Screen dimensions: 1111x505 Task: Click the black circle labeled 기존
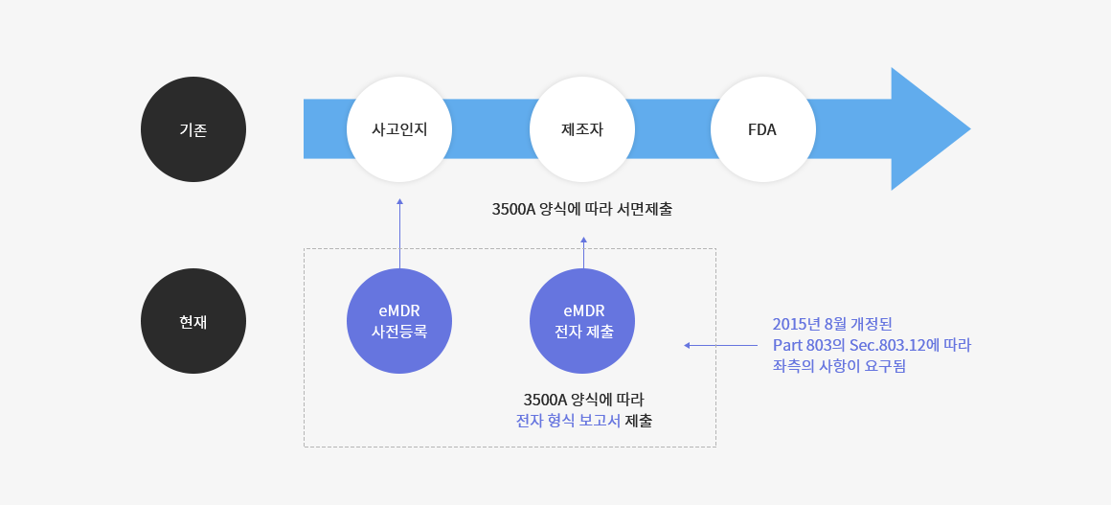193,129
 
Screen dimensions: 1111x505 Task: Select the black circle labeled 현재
193,321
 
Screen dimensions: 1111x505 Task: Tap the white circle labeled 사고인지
399,129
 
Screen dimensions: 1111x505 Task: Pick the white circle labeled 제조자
581,129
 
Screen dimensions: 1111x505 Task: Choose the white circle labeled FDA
763,129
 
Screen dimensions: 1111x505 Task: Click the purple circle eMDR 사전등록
399,321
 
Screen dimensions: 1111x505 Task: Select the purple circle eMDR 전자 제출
581,321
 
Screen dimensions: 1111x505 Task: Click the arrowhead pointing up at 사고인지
399,201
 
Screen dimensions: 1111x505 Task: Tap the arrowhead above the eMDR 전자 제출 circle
584,240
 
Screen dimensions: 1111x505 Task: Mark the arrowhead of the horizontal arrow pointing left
687,345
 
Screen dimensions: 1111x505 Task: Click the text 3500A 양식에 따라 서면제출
581,210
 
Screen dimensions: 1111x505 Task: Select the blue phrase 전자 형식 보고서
568,421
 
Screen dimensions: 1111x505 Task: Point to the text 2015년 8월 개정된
827,324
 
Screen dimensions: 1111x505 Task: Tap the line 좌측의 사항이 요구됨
840,367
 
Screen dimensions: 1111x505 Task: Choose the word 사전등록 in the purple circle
399,332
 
